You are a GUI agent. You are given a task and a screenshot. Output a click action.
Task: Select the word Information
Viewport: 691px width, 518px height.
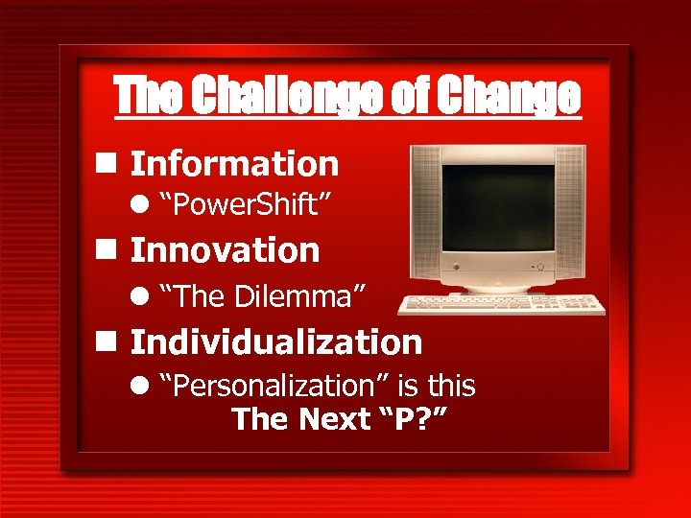(234, 164)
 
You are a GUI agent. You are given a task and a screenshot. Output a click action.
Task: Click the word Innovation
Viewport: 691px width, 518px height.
(225, 250)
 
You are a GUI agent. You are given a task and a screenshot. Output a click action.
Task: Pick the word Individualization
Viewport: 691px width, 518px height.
(276, 341)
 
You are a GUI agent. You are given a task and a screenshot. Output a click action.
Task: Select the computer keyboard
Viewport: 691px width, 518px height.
(502, 305)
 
